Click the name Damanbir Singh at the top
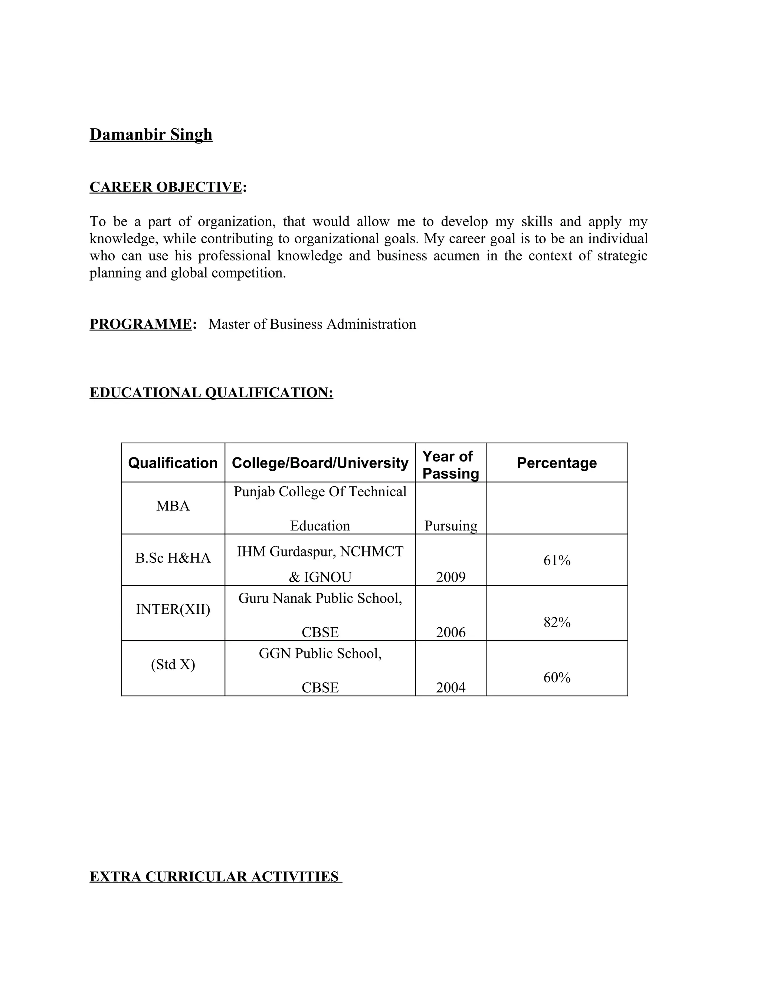[x=151, y=135]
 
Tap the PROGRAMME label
[x=141, y=324]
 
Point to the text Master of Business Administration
[x=312, y=324]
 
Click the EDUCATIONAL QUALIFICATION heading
[x=211, y=392]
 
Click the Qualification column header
[x=173, y=463]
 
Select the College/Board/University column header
[x=320, y=463]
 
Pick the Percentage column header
[x=557, y=463]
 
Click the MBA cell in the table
[x=173, y=506]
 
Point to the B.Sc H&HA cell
[x=173, y=558]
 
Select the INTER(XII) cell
[x=173, y=609]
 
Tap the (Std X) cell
[x=173, y=665]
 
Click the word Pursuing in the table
[x=451, y=526]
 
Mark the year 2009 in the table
[x=451, y=577]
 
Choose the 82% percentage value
[x=557, y=622]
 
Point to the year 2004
[x=451, y=687]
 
